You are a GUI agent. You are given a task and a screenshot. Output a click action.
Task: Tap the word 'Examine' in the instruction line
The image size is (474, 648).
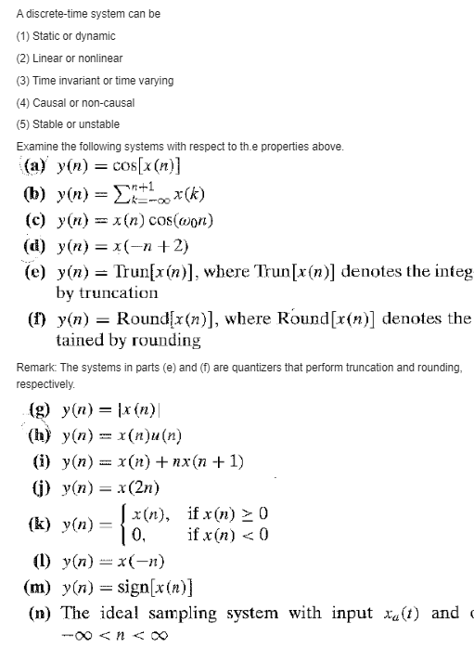tap(36, 147)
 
